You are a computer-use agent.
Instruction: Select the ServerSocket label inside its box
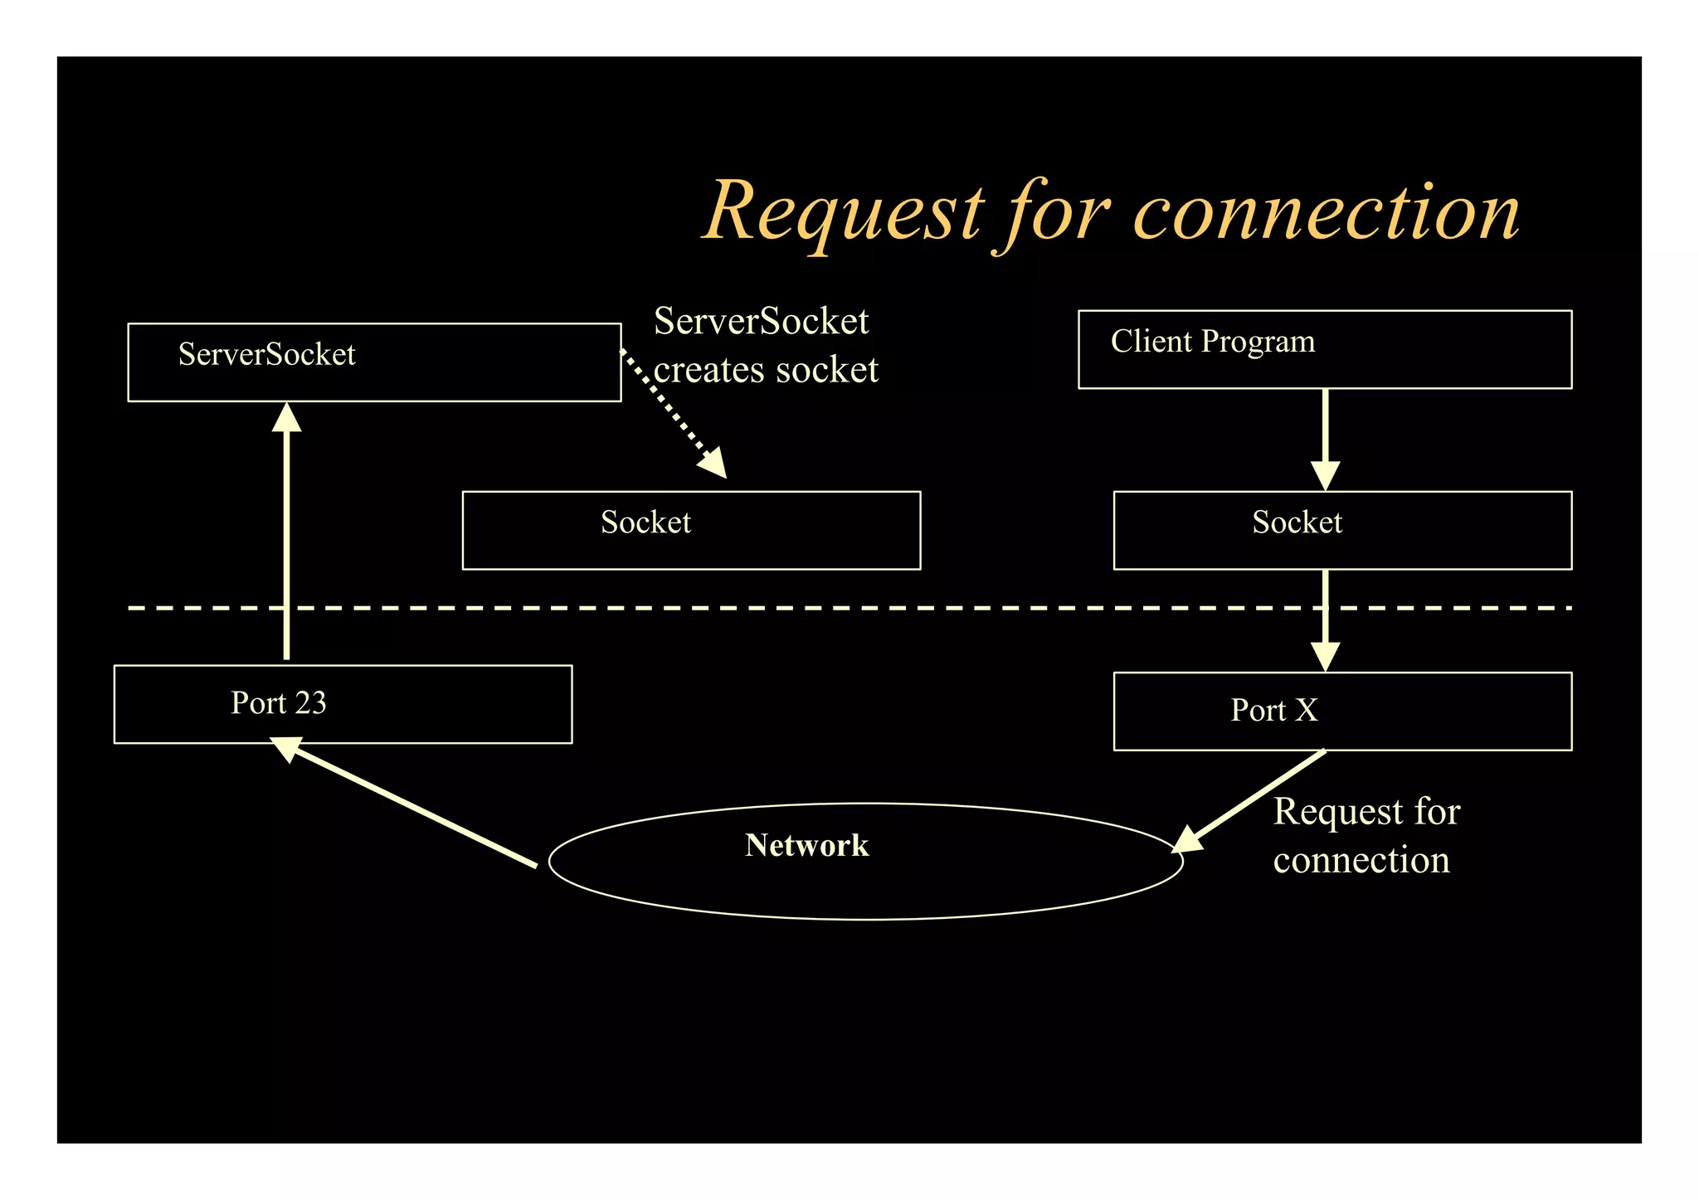pos(266,355)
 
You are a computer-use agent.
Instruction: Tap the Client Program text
pos(1212,342)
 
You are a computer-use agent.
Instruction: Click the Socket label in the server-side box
pos(645,522)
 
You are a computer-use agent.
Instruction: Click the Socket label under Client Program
pos(1297,522)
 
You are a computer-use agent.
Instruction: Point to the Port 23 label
pos(278,703)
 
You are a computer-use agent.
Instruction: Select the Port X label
pos(1273,711)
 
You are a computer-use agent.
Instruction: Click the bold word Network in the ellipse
pos(806,845)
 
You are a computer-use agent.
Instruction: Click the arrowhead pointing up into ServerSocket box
pos(287,418)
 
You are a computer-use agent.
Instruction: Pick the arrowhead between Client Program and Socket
pos(1325,476)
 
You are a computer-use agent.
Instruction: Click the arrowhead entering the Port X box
pos(1325,656)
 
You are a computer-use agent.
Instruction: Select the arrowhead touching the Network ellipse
pos(1187,840)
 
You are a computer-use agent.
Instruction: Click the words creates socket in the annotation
pos(765,370)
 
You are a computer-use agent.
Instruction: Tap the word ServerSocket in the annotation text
pos(761,322)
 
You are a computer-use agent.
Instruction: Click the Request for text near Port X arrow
pos(1366,811)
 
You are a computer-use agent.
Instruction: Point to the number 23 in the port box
pos(310,703)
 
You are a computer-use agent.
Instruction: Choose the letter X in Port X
pos(1306,711)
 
